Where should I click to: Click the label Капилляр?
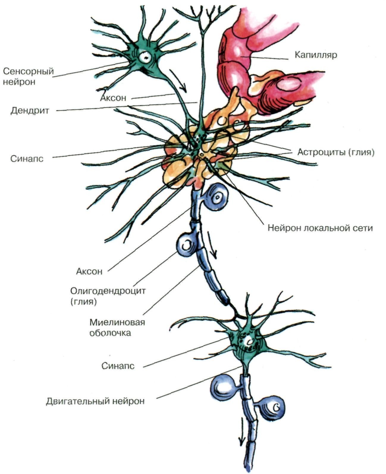click(316, 55)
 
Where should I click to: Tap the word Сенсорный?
click(29, 71)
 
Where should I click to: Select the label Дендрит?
click(30, 111)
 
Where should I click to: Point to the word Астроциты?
click(319, 152)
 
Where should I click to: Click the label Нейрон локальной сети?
click(320, 228)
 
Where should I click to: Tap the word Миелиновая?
click(117, 322)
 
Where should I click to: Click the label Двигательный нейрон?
click(95, 401)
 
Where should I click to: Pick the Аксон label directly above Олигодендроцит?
click(89, 271)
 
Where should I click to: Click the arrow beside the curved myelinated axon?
click(212, 245)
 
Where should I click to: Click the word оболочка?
click(110, 333)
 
